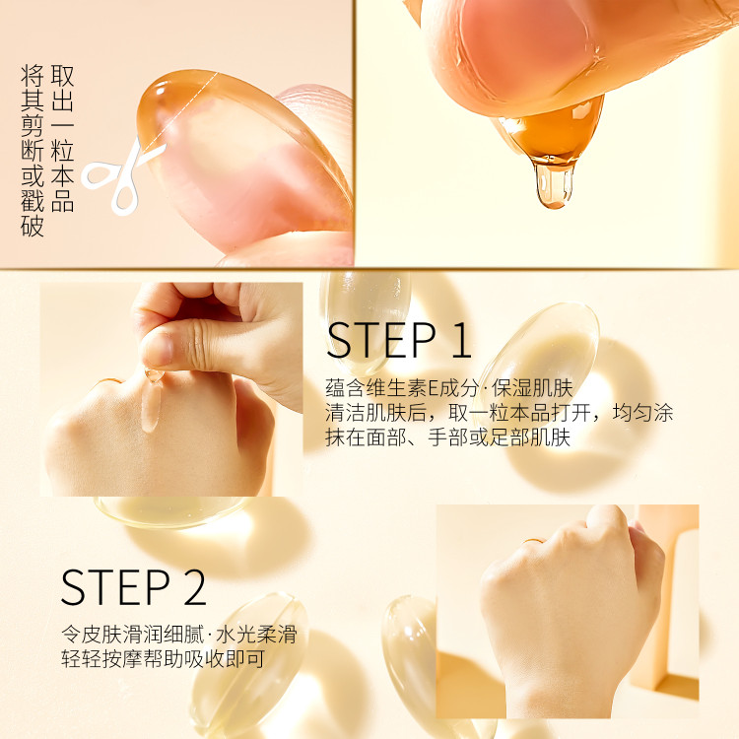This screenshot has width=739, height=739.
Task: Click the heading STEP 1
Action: click(399, 340)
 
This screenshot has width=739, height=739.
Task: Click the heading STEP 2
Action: click(134, 587)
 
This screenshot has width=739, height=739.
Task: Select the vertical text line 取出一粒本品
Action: click(62, 138)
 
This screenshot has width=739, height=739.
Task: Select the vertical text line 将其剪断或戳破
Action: click(33, 151)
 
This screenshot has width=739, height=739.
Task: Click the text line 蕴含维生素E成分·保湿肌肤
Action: click(449, 388)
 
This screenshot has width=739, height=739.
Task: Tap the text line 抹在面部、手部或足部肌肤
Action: click(447, 437)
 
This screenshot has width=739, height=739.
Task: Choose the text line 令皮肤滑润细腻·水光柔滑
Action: click(179, 635)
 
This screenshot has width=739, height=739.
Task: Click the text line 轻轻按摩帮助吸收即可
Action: click(163, 659)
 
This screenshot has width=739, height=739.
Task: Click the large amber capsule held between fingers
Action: click(243, 156)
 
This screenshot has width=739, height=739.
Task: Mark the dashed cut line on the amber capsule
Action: click(180, 112)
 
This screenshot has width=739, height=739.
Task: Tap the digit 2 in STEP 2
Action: click(194, 587)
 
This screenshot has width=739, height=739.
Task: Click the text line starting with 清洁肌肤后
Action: click(500, 413)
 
